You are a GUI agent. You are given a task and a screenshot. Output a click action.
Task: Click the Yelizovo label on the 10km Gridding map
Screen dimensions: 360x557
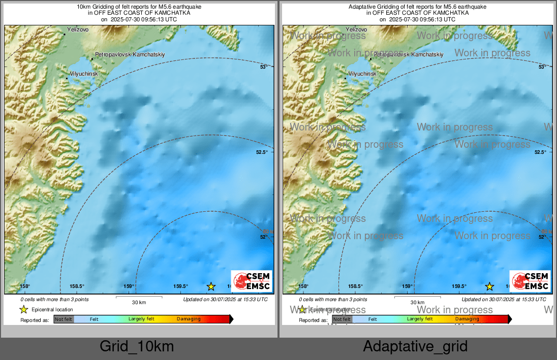tap(78, 30)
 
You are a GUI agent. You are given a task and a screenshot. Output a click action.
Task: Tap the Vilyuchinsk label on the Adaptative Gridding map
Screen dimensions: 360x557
tap(362, 74)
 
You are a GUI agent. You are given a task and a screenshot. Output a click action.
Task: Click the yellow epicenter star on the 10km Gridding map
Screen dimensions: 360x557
tap(211, 286)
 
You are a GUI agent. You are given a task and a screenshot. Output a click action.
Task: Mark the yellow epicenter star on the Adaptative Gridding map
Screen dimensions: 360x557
tap(489, 286)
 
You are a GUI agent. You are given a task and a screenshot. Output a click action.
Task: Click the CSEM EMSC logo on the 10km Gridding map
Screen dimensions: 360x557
tap(252, 281)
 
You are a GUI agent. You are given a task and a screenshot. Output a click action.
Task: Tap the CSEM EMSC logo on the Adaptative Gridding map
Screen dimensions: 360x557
tap(530, 281)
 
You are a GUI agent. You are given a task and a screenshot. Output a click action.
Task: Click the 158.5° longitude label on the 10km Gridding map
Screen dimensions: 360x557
tap(77, 286)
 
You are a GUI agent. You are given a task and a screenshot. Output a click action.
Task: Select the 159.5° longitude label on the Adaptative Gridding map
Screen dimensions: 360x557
tap(459, 286)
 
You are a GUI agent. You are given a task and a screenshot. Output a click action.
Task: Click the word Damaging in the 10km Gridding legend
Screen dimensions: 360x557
tap(189, 319)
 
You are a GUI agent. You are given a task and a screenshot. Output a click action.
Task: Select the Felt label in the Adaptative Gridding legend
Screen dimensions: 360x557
tap(373, 319)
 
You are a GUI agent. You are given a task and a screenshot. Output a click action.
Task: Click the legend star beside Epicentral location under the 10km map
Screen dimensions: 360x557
tap(23, 310)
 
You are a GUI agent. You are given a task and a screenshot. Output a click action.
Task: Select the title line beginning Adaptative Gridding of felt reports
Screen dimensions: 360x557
tap(417, 7)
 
